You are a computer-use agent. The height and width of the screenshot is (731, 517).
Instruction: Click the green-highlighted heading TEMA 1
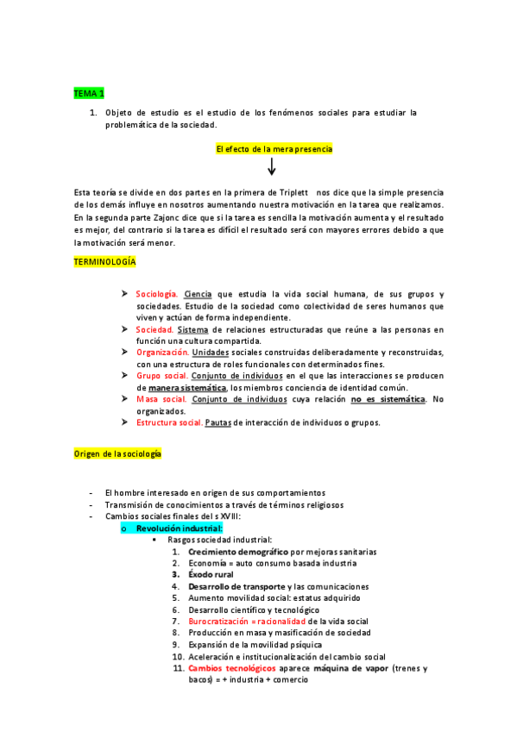tap(89, 93)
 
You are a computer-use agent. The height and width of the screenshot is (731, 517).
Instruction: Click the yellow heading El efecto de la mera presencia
tap(274, 149)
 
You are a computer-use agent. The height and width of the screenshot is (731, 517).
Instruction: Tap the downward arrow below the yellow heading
tap(272, 167)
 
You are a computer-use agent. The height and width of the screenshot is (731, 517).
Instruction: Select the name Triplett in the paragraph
tap(292, 191)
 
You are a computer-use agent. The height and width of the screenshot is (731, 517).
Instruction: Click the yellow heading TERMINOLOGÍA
tap(105, 261)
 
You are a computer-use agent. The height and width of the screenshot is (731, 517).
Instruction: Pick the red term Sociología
tap(157, 294)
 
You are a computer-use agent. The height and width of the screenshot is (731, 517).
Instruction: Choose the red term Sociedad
tap(154, 329)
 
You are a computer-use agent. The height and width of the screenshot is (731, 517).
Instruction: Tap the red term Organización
tap(162, 353)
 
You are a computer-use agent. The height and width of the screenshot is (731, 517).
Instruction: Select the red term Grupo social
tap(161, 376)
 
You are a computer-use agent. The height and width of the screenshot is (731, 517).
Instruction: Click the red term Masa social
tap(161, 399)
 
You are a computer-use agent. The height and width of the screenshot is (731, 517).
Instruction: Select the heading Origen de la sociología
tap(117, 453)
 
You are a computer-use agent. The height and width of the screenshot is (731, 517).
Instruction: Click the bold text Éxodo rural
tap(211, 574)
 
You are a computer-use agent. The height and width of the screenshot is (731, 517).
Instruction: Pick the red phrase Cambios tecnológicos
tap(232, 668)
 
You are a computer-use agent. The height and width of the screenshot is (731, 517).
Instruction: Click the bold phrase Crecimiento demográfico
tap(238, 551)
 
